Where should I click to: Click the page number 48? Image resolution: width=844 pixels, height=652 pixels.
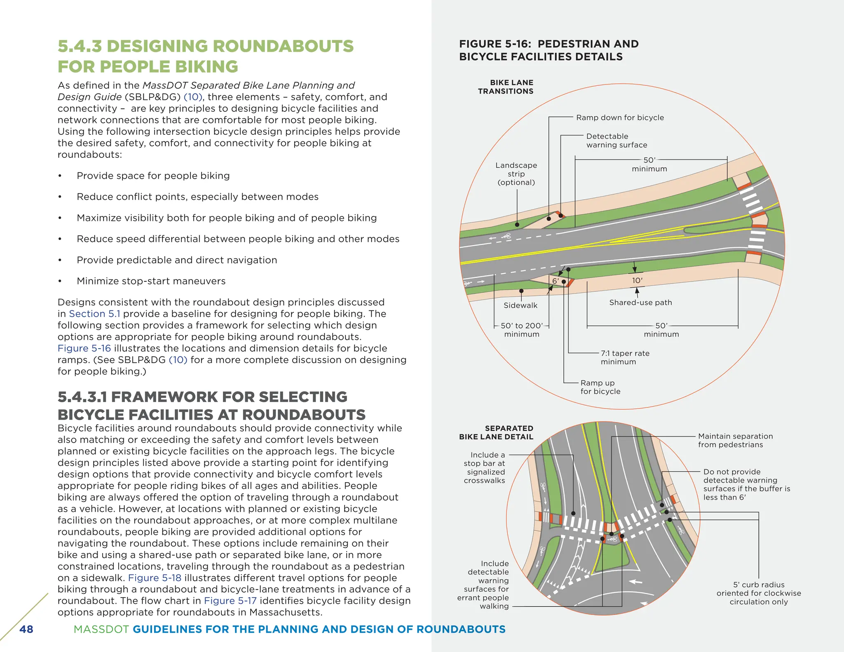(26, 629)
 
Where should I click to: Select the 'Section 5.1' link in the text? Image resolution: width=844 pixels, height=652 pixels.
(94, 314)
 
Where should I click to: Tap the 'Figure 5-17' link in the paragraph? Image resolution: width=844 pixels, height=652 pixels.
(230, 601)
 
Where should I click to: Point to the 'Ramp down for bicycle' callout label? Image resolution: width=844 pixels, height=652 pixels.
(620, 118)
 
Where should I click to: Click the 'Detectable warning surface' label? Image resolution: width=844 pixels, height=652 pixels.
(617, 141)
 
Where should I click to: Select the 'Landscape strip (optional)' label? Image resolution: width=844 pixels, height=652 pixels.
(516, 174)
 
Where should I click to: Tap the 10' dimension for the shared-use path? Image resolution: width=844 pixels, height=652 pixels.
(637, 281)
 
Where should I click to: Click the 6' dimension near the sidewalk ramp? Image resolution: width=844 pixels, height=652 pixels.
(556, 281)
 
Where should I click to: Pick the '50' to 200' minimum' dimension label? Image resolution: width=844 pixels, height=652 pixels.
(522, 330)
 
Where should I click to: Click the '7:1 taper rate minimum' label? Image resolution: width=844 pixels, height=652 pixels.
(625, 357)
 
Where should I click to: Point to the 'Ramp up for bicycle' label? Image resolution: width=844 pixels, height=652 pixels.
(600, 387)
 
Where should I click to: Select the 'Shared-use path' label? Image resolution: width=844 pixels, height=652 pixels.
(640, 303)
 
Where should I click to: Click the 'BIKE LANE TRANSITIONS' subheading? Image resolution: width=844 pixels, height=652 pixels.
(506, 87)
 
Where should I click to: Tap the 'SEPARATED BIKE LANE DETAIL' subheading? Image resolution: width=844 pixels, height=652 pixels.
(496, 432)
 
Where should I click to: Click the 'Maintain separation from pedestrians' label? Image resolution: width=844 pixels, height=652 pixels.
(735, 440)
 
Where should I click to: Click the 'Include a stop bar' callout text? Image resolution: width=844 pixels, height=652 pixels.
(485, 467)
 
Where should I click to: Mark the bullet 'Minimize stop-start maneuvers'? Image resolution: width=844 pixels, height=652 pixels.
(151, 281)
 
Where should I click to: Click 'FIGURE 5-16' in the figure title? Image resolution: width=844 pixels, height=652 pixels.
(495, 44)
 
